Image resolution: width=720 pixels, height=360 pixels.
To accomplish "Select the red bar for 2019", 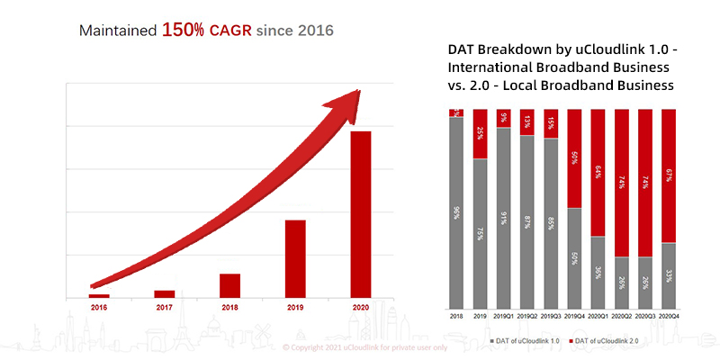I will [295, 258].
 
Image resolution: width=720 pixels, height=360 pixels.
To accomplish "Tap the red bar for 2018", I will [230, 285].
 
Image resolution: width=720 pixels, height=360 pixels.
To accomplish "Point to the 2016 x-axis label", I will [99, 307].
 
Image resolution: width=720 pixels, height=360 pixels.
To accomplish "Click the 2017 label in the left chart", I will [165, 307].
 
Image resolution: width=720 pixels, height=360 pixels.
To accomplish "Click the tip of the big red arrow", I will [359, 91].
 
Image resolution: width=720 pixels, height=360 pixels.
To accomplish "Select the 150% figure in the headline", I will [184, 30].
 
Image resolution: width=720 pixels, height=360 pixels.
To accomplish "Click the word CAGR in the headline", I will [230, 31].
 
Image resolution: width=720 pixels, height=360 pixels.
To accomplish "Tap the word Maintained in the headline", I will [118, 31].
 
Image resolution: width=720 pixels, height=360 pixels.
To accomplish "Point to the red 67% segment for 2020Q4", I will [668, 176].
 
